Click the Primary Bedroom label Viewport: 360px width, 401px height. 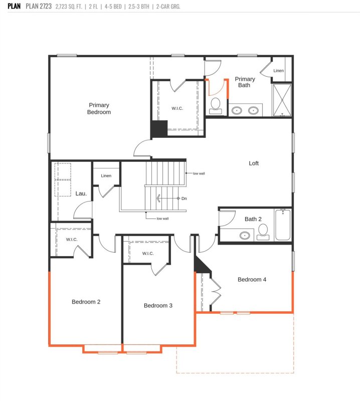click(99, 108)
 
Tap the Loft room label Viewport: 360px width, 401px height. click(254, 163)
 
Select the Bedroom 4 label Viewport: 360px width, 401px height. click(252, 280)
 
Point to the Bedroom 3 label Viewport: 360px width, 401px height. click(158, 306)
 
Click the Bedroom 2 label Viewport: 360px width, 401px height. click(86, 302)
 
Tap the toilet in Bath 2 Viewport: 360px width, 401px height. click(263, 232)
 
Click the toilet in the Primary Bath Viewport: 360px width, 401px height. click(216, 106)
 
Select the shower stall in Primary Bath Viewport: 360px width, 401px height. click(282, 100)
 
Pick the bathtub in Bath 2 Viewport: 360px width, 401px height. click(283, 225)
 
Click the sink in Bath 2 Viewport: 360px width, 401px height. click(245, 235)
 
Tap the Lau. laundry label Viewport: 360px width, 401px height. click(81, 193)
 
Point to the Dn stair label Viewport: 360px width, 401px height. click(184, 198)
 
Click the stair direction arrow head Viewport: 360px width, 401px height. click(158, 198)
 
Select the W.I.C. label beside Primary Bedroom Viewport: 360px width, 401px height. click(177, 108)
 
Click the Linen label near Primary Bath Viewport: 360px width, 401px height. click(278, 71)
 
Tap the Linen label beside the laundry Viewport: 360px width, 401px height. click(106, 176)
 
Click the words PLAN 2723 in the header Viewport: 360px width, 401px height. click(39, 6)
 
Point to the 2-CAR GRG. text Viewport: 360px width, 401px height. click(168, 7)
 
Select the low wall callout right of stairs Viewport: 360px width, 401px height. click(199, 173)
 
